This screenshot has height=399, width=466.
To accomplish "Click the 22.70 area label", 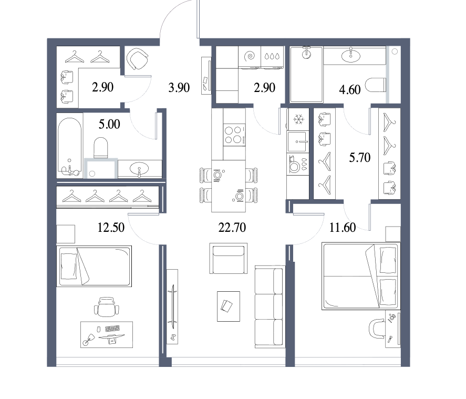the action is click(x=232, y=228).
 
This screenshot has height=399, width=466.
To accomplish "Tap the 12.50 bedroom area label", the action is click(x=111, y=228).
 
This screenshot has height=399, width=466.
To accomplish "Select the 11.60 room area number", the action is click(x=343, y=228).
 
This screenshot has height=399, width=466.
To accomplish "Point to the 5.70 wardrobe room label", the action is click(x=359, y=157).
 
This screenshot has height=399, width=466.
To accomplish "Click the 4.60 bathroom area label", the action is click(x=350, y=89).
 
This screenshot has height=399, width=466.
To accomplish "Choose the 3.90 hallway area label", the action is click(x=179, y=87).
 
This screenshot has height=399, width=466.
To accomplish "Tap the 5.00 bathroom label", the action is click(x=109, y=124).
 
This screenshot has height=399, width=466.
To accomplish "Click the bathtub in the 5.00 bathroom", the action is click(x=70, y=148).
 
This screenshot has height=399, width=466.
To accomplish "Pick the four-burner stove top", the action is click(x=234, y=135).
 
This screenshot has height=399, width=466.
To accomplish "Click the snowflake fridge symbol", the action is click(x=297, y=119).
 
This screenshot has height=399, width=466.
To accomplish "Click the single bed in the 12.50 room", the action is click(x=94, y=267).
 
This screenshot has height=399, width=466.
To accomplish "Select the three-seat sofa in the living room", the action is click(x=270, y=307).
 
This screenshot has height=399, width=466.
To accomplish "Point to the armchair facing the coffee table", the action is click(x=228, y=258).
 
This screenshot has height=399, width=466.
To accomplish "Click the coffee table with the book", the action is click(x=228, y=306).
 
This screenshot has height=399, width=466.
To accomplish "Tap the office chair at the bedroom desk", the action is click(x=107, y=307).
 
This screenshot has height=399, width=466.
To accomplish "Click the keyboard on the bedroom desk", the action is click(x=112, y=329).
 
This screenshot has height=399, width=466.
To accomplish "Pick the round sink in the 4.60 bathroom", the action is click(x=351, y=56).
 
